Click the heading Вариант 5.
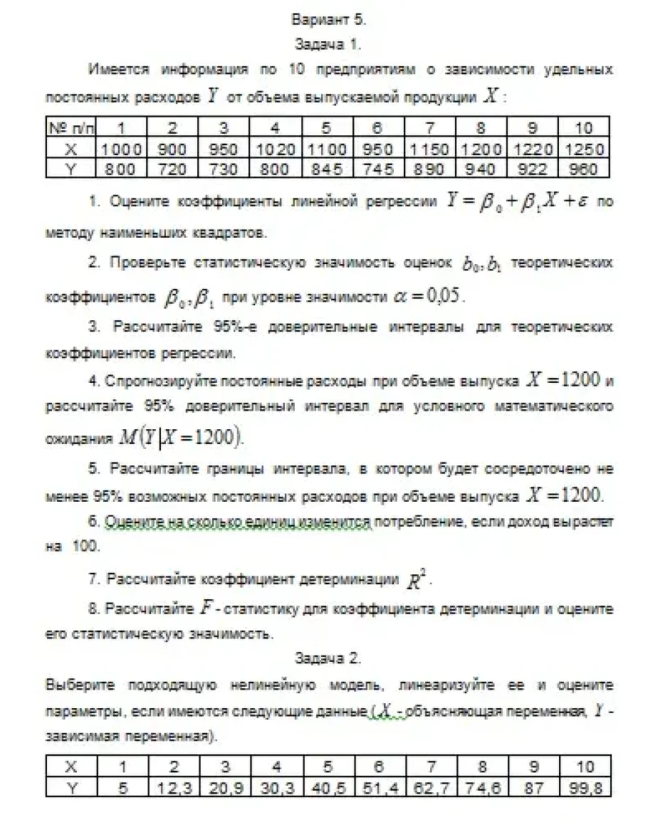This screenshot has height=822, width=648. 329,19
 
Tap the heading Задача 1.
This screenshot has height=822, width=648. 329,44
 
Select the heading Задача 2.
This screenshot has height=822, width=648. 329,658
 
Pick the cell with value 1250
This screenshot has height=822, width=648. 584,149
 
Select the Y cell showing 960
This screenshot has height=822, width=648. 584,169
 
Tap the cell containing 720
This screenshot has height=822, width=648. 172,169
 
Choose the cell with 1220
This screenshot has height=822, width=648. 533,149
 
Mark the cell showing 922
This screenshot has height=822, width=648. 533,169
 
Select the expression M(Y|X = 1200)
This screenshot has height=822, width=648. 182,435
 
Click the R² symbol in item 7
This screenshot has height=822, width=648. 415,581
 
